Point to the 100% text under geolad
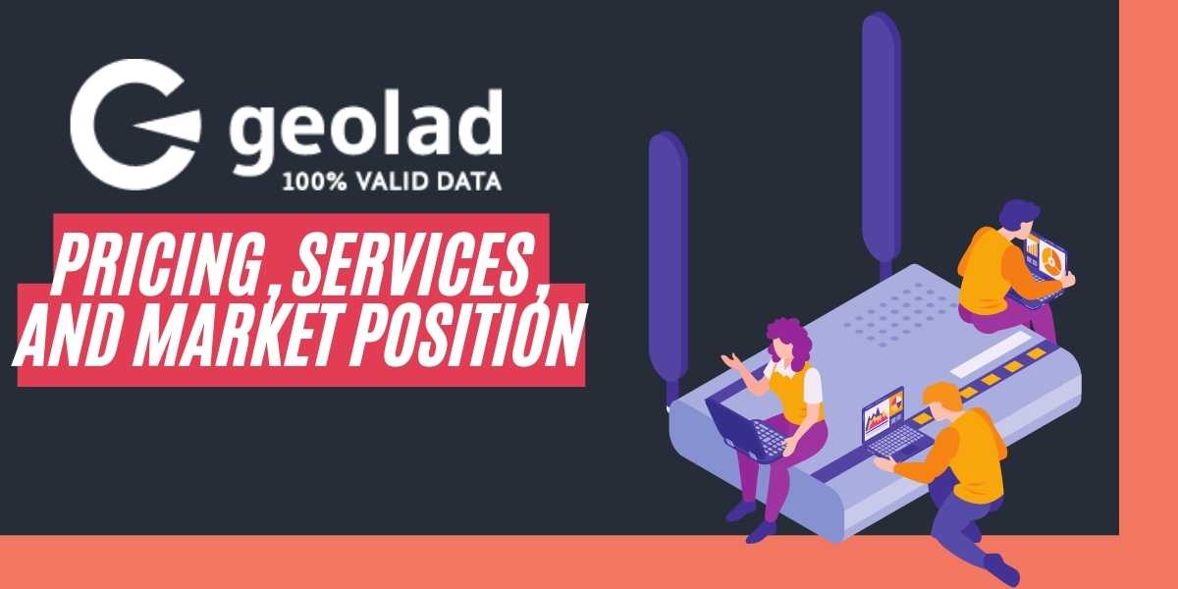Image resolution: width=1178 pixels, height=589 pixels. coord(311,182)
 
